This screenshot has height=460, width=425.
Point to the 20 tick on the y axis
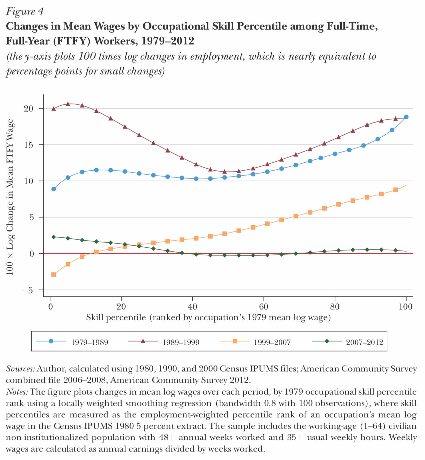coord(29,108)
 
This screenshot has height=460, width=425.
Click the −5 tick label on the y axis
coord(27,290)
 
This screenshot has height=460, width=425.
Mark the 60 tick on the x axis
coord(264,307)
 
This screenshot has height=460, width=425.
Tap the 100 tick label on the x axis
coord(406,307)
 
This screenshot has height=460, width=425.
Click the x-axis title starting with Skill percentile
coord(208,317)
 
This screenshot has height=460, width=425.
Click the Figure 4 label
coord(25,11)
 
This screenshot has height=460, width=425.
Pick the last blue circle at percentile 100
coord(406,117)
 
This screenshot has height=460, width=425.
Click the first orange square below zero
coord(54,275)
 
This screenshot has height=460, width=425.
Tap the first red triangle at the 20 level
coord(54,108)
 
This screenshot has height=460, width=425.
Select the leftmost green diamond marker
coord(54,237)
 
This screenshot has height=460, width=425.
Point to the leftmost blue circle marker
coord(54,189)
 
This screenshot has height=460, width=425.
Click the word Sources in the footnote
coord(20,369)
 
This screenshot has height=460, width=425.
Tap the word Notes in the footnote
coord(17,392)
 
